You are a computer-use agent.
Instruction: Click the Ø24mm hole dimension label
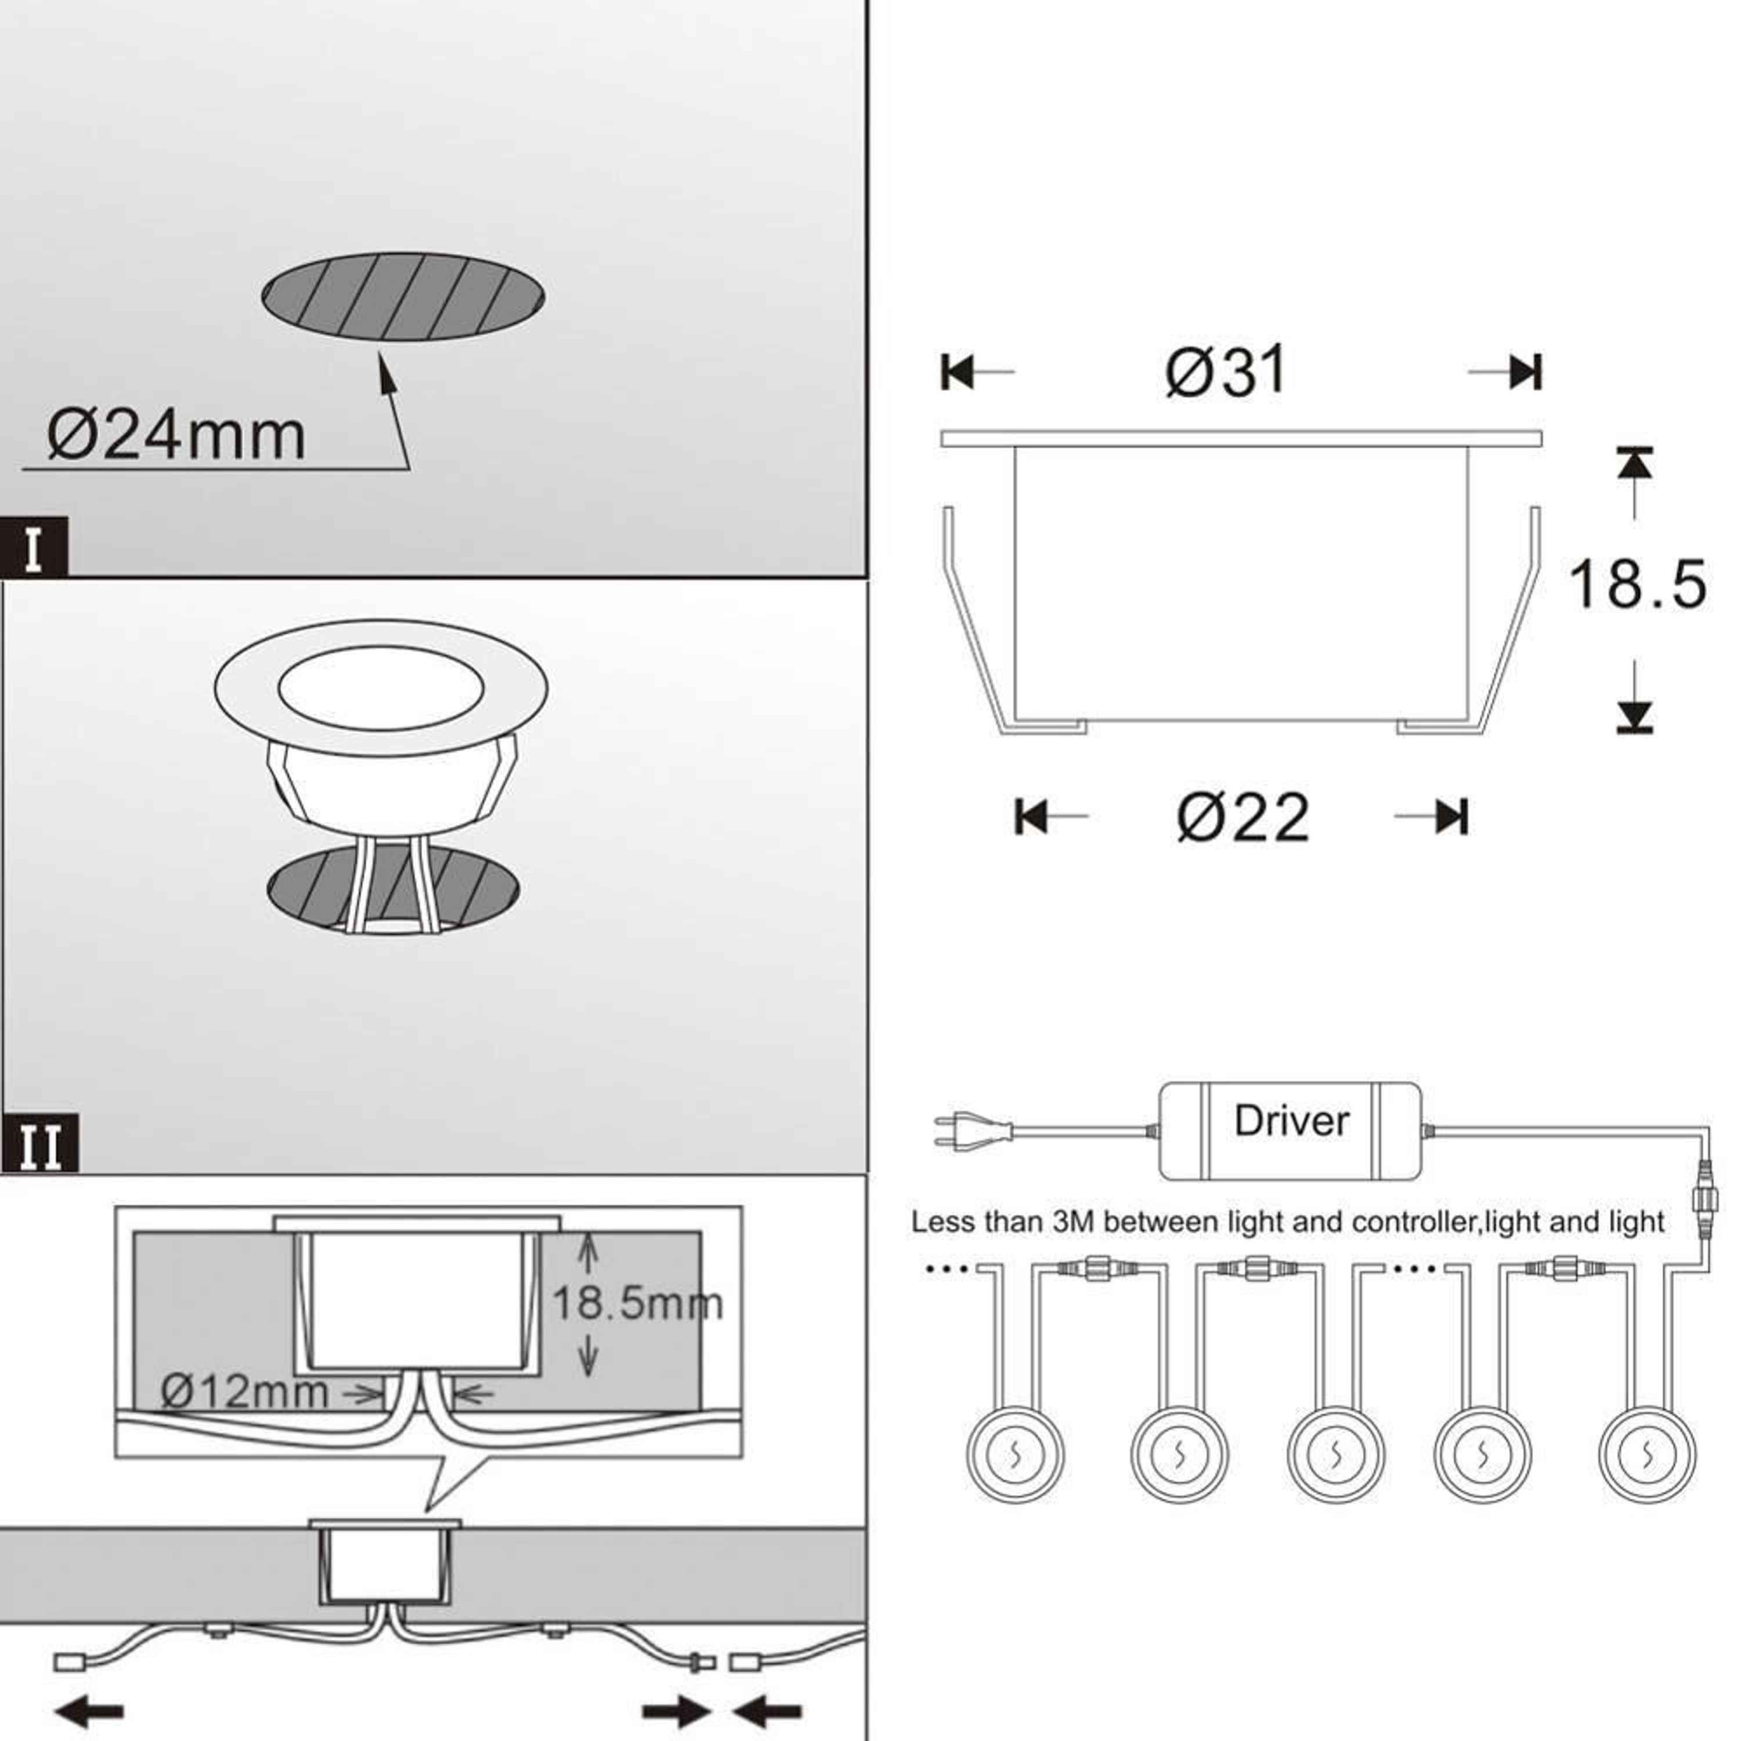pyautogui.click(x=176, y=436)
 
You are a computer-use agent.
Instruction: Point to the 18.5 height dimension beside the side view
pyautogui.click(x=1637, y=584)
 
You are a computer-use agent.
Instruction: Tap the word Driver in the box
pyautogui.click(x=1291, y=1122)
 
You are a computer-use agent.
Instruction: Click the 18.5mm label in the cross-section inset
pyautogui.click(x=636, y=1304)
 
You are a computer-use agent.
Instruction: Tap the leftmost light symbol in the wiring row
pyautogui.click(x=1014, y=1454)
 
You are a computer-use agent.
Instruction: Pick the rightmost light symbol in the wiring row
pyautogui.click(x=1646, y=1454)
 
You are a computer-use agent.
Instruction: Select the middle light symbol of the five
pyautogui.click(x=1335, y=1454)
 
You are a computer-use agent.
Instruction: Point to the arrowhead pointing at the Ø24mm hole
pyautogui.click(x=386, y=372)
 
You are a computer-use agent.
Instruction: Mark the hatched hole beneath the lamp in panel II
pyautogui.click(x=306, y=888)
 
